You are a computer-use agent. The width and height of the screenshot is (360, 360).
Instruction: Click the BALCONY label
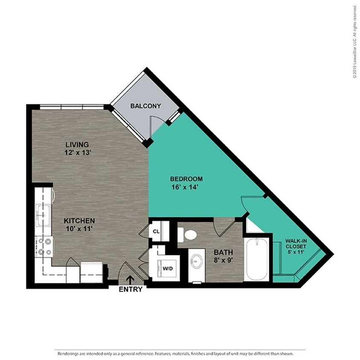point(145,106)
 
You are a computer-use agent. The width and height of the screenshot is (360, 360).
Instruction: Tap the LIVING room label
point(77,144)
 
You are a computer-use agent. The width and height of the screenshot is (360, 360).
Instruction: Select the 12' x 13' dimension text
point(77,152)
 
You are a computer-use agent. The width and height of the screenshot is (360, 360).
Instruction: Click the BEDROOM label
point(186,179)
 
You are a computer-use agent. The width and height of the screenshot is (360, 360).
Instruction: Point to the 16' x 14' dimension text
point(186,186)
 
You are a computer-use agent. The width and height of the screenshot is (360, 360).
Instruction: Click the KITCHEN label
point(79,221)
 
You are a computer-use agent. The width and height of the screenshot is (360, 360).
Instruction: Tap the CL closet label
point(156,232)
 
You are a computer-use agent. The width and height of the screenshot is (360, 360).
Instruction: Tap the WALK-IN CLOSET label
point(296,244)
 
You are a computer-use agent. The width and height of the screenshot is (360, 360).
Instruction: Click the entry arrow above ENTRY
point(130,279)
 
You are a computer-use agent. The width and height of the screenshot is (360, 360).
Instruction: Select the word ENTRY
point(130,289)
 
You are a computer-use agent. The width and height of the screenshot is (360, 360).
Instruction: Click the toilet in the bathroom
point(187,234)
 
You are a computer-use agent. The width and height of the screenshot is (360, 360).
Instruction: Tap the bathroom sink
point(197,261)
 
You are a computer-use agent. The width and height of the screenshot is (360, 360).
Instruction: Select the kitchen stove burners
point(44,246)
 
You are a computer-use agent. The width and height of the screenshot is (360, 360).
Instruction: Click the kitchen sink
point(43,212)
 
